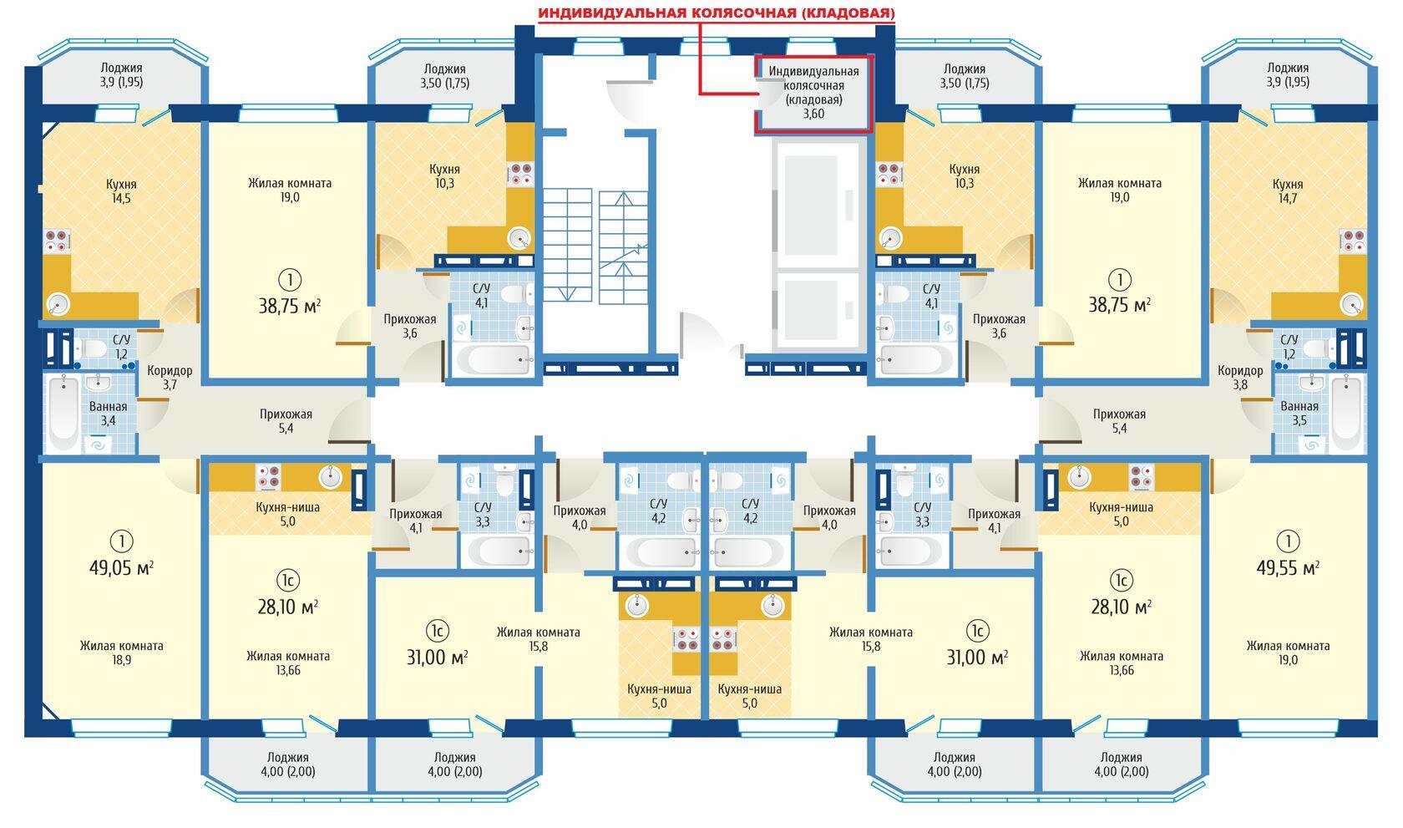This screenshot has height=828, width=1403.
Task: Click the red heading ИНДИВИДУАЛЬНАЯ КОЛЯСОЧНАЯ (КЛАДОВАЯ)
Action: [x=717, y=13]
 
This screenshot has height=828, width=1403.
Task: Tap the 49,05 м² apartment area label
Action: [x=122, y=568]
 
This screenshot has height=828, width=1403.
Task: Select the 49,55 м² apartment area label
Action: [x=1288, y=568]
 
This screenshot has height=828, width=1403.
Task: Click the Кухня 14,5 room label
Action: [x=121, y=191]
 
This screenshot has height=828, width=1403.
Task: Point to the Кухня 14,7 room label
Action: [x=1288, y=191]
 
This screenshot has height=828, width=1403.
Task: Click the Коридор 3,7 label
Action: [x=170, y=378]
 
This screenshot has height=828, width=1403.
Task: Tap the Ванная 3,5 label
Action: [x=1299, y=413]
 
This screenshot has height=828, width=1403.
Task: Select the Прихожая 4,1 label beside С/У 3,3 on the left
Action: [x=416, y=521]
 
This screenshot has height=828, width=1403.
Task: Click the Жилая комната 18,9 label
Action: [x=122, y=653]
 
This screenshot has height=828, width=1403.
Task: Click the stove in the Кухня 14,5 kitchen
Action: [x=57, y=241]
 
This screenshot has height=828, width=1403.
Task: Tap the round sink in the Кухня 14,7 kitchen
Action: [x=1351, y=305]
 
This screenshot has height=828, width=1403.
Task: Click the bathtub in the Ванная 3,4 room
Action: [x=63, y=413]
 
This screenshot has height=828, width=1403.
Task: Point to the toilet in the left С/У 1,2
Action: [x=92, y=348]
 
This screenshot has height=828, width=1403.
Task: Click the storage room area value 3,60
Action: [x=813, y=114]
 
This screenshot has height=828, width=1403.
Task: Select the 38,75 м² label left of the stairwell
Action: [x=289, y=307]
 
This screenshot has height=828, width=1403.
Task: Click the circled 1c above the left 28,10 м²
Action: [x=288, y=581]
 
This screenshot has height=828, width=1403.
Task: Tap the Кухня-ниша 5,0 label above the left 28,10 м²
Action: [x=287, y=514]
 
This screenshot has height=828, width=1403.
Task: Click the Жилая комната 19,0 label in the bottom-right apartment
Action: [x=1288, y=653]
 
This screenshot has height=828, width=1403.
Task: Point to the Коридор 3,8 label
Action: [x=1240, y=378]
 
